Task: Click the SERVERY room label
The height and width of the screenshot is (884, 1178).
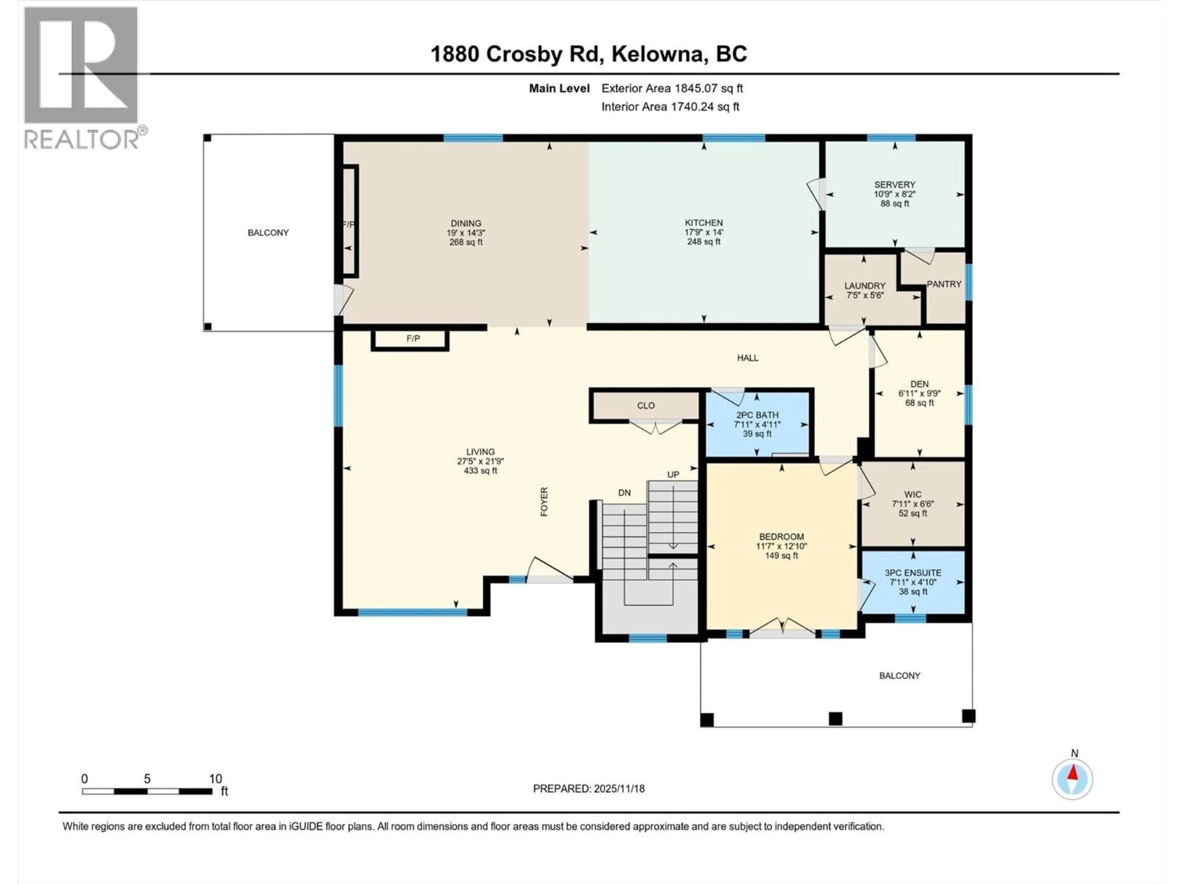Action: pyautogui.click(x=894, y=184)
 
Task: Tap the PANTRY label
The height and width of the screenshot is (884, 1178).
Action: pyautogui.click(x=944, y=284)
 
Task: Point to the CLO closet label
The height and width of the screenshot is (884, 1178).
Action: pyautogui.click(x=645, y=405)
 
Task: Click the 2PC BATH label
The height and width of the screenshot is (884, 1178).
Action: pyautogui.click(x=757, y=415)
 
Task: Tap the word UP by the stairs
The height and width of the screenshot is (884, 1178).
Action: pyautogui.click(x=673, y=474)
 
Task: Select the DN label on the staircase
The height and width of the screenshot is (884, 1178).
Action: pyautogui.click(x=624, y=493)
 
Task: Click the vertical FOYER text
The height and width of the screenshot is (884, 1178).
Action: pyautogui.click(x=544, y=502)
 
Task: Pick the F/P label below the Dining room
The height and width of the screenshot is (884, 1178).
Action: pyautogui.click(x=413, y=338)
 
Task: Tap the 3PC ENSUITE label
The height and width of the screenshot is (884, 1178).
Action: pyautogui.click(x=913, y=573)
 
